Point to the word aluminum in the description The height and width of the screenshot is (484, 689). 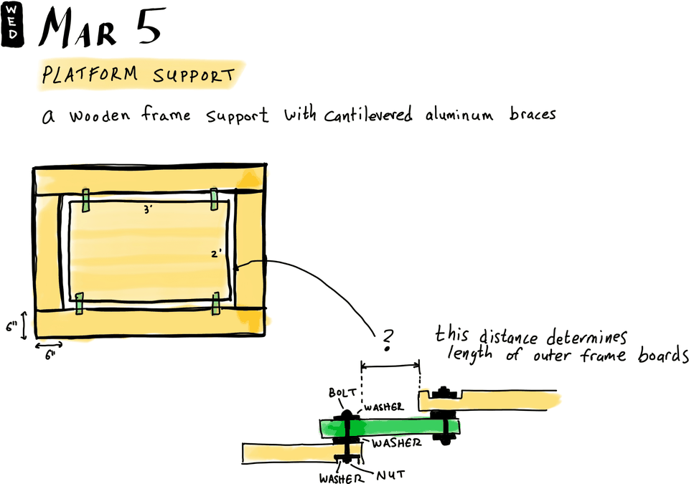459,115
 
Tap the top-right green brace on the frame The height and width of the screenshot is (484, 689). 214,200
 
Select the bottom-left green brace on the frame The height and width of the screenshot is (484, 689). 80,303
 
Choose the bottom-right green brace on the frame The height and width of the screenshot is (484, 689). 215,303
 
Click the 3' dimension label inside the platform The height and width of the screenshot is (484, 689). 146,210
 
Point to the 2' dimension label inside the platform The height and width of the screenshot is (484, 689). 217,253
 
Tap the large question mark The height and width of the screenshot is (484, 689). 388,340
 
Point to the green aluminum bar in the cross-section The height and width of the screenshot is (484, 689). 391,428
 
